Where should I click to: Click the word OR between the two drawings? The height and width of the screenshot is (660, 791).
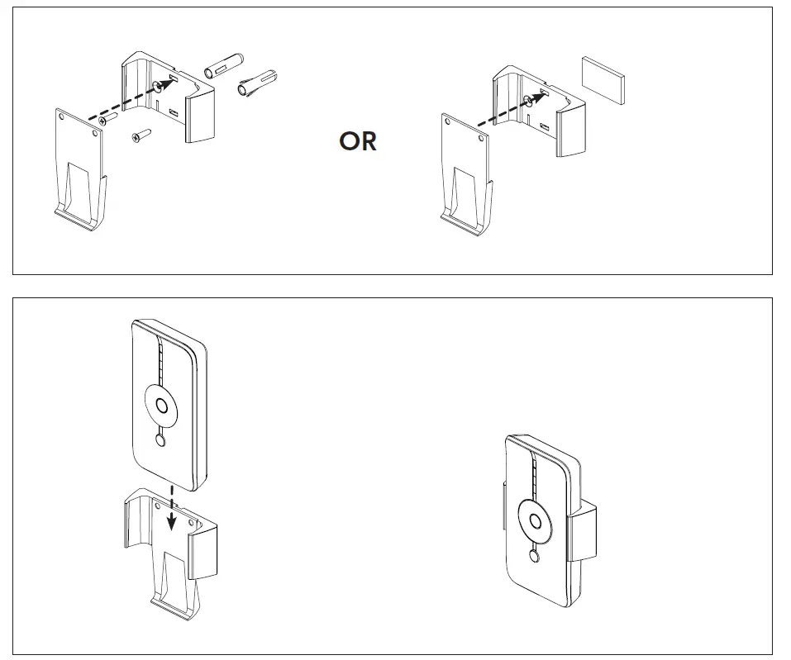coord(358,141)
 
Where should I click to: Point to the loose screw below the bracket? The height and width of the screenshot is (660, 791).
coord(140,136)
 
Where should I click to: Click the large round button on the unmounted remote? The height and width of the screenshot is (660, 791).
coord(162,406)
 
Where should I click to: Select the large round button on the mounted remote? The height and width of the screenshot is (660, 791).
coord(536,522)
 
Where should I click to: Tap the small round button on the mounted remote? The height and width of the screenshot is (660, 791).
coord(535,558)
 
